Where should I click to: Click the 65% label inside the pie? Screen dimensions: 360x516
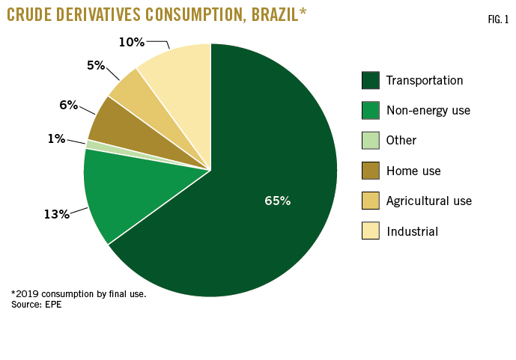pyautogui.click(x=277, y=201)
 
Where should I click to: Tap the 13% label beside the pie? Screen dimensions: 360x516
pyautogui.click(x=56, y=214)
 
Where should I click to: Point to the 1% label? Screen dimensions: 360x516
pyautogui.click(x=56, y=138)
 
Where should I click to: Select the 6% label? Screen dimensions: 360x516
pyautogui.click(x=69, y=105)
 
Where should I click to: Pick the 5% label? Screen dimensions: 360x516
pyautogui.click(x=95, y=65)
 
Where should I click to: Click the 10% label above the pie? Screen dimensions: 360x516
pyautogui.click(x=131, y=42)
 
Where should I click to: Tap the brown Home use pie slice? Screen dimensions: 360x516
pyautogui.click(x=120, y=131)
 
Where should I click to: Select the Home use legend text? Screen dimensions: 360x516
pyautogui.click(x=413, y=171)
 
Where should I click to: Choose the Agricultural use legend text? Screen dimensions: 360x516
pyautogui.click(x=429, y=201)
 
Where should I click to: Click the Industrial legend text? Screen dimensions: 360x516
pyautogui.click(x=412, y=231)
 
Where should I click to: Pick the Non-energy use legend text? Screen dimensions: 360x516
pyautogui.click(x=428, y=110)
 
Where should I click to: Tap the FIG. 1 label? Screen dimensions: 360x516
pyautogui.click(x=496, y=18)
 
